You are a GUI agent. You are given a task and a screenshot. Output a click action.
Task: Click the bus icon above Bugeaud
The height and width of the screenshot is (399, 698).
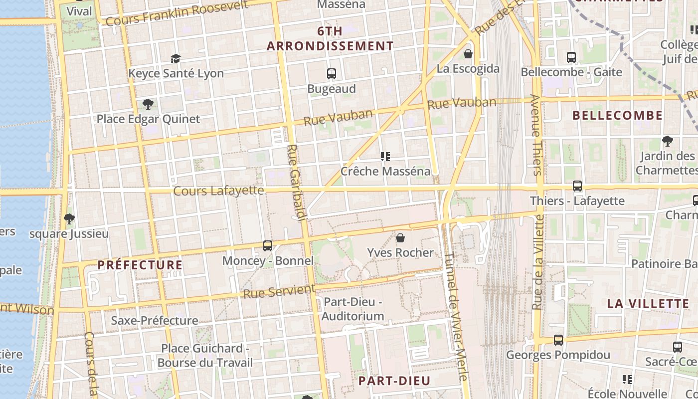pos(332,74)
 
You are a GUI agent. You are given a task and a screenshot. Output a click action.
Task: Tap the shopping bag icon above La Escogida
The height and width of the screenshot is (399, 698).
pos(468,53)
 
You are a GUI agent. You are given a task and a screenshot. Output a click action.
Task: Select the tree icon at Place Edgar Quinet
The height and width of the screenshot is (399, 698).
pos(148,104)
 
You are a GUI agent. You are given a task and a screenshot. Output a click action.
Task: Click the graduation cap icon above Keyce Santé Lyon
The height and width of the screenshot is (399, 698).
pos(175,58)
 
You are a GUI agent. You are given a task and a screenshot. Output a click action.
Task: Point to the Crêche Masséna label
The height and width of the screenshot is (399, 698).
pos(385,171)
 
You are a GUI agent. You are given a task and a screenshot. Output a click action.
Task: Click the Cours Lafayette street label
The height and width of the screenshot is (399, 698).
pos(218,191)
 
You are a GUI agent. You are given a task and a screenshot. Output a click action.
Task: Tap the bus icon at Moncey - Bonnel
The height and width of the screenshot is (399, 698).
pos(268,245)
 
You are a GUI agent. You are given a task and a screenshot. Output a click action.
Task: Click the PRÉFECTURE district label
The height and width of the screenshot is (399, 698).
pos(140,265)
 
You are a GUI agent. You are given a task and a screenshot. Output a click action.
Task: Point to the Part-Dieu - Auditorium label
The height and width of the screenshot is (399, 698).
pos(353,309)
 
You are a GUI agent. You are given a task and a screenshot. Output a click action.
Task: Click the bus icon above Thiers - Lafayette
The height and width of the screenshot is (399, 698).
pos(577,186)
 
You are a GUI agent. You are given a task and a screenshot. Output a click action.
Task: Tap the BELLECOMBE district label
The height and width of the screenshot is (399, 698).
pos(617,116)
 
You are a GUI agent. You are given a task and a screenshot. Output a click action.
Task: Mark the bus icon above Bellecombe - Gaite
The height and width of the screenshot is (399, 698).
pos(571,57)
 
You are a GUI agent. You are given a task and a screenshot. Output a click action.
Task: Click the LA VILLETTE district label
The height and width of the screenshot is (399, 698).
pos(648,303)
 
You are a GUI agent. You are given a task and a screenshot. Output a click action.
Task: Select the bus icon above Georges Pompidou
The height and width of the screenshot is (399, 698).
pos(558,340)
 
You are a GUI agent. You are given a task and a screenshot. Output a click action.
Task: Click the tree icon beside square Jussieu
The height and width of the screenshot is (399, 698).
pos(69,218)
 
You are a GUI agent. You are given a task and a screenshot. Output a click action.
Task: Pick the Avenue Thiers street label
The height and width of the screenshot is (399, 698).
pos(536,135)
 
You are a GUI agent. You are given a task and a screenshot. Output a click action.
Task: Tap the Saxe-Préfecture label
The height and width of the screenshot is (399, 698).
pos(155,320)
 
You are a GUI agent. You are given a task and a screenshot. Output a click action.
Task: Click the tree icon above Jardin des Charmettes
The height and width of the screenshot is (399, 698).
pos(667,141)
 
